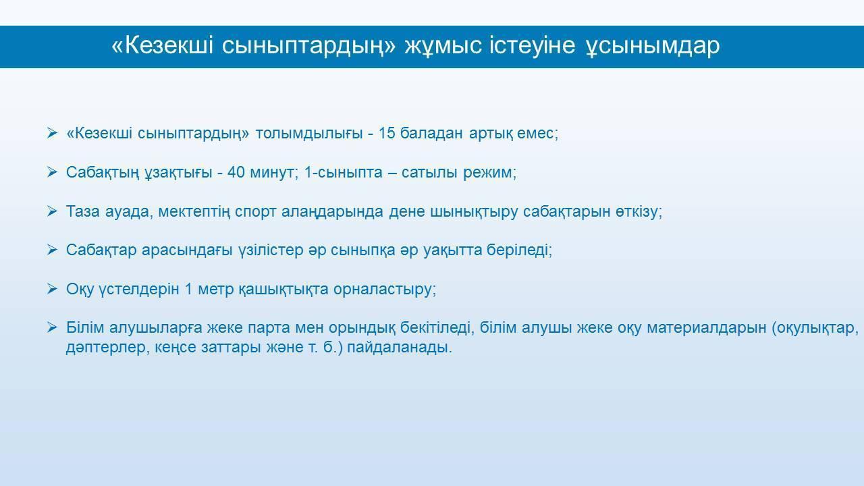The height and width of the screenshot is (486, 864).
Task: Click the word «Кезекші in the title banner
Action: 162,45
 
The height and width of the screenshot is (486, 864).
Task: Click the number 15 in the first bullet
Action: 387,133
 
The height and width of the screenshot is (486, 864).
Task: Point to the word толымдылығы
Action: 309,134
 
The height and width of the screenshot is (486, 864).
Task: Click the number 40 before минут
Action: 236,172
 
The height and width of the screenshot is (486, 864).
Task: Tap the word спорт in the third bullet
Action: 255,212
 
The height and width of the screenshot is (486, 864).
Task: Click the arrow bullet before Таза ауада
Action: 52,211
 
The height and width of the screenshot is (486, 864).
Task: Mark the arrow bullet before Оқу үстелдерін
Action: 52,288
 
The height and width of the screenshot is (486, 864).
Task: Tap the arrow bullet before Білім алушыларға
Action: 52,327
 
